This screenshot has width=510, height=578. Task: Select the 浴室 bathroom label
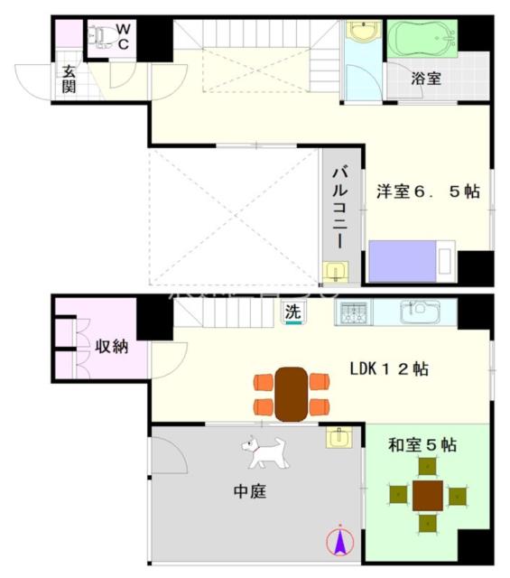click(x=426, y=78)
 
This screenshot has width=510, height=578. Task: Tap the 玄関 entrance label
click(x=69, y=79)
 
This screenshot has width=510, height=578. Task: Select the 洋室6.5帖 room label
click(x=427, y=191)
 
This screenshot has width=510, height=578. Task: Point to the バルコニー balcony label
click(x=339, y=207)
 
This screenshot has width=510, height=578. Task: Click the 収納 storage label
click(x=111, y=346)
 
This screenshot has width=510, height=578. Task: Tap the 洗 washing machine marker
click(x=293, y=312)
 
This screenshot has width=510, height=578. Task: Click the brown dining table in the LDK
click(x=291, y=392)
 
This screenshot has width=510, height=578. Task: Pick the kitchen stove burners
click(x=354, y=314)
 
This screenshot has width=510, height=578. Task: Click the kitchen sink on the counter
click(x=419, y=312)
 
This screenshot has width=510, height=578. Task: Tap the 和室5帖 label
click(x=422, y=444)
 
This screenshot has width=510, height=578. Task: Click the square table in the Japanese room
click(x=427, y=495)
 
